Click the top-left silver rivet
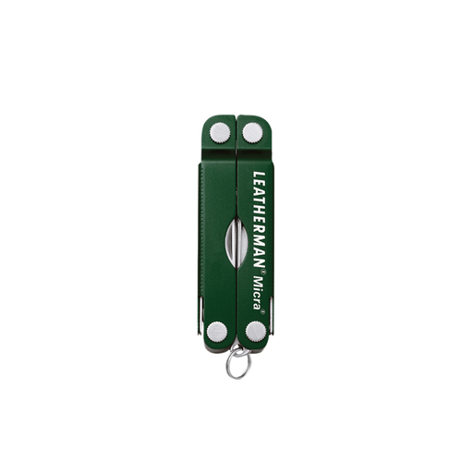pyautogui.click(x=220, y=133)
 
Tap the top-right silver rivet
pyautogui.click(x=252, y=133)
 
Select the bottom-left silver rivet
pyautogui.click(x=217, y=332)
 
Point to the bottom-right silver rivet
pyautogui.click(x=256, y=332)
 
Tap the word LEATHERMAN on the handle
pyautogui.click(x=259, y=220)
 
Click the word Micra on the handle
pyautogui.click(x=259, y=293)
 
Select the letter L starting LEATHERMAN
pyautogui.click(x=259, y=176)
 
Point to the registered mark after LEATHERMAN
pyautogui.click(x=263, y=272)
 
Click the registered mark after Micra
pyautogui.click(x=262, y=311)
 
